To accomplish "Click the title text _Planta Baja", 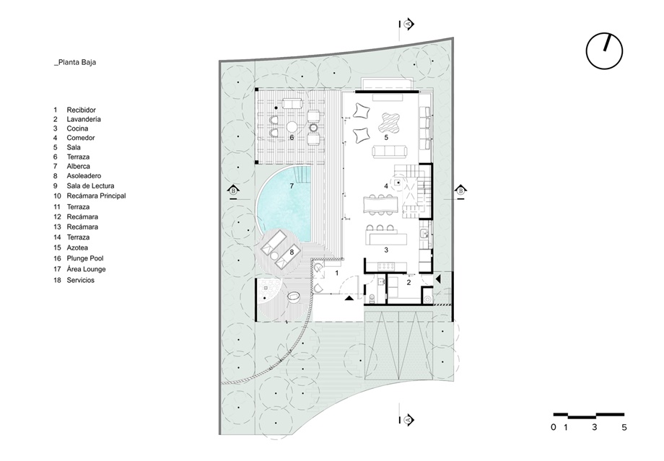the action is (75, 62).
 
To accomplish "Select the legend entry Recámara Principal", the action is (96, 196).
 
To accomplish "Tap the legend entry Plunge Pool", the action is (85, 258).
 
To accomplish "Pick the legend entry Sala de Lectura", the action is (90, 186).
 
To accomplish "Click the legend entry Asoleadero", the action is (84, 176).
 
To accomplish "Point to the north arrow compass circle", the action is (604, 51).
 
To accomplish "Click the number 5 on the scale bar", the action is (624, 427).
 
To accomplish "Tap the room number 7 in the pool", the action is (292, 186).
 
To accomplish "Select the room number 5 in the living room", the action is (386, 138).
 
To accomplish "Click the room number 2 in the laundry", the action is (409, 282).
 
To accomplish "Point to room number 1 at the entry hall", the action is (337, 273).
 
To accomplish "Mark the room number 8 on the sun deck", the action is (292, 253).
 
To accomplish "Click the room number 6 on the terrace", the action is (292, 138).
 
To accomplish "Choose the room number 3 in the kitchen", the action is (386, 250).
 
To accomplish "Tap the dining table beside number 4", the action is (380, 204).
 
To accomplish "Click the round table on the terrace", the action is (292, 126).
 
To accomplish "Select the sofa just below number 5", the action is (390, 151).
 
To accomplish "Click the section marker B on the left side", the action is (233, 190).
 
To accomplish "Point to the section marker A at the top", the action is (409, 24).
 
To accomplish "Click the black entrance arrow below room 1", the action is (349, 299).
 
